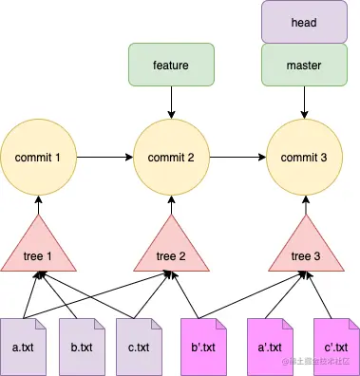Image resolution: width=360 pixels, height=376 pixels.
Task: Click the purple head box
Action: pos(306,22)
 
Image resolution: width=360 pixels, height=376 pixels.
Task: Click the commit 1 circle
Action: pos(38,155)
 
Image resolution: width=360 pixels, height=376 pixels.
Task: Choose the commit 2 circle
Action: pos(171,155)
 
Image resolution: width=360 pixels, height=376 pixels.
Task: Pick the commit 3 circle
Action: pos(306,155)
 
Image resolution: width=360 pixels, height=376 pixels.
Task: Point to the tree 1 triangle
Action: pos(38,249)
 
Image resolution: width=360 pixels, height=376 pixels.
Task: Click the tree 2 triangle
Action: pos(171,249)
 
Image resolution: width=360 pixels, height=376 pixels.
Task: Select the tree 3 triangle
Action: pos(306,249)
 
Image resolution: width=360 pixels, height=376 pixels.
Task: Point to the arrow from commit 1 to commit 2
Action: pos(104,155)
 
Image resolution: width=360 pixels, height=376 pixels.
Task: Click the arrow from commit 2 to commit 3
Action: pos(238,155)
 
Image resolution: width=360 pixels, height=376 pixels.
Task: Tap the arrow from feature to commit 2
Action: pos(171,101)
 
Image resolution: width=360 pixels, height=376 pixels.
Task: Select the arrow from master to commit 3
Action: pos(306,101)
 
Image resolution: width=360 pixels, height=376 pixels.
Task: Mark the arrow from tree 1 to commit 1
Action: pos(38,204)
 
